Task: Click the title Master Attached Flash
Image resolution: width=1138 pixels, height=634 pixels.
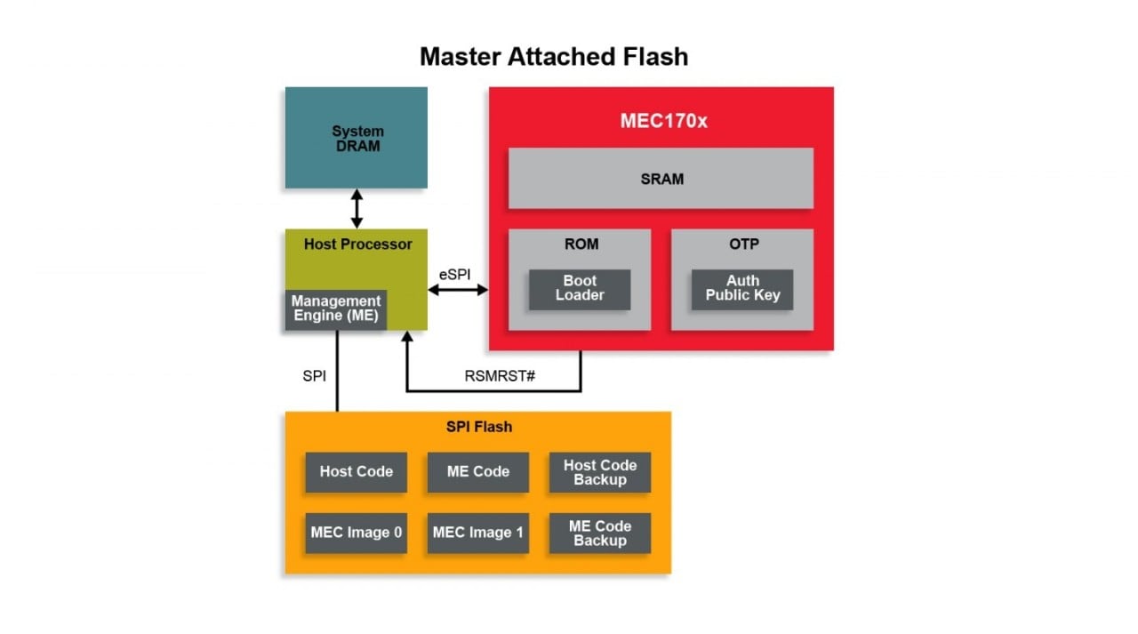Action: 553,56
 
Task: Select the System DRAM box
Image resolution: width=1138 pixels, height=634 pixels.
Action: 356,138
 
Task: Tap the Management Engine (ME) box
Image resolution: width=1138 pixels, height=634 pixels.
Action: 335,309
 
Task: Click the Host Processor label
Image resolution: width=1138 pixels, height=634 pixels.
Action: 357,244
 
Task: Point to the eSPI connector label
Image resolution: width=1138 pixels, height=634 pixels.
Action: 454,274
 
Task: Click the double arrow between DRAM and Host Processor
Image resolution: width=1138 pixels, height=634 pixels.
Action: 357,208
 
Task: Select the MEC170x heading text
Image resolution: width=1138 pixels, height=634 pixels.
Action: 663,121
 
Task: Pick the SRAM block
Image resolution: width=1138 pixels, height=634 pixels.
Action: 661,179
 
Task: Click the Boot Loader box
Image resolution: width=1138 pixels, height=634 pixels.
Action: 579,288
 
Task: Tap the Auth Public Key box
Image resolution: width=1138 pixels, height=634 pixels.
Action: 741,288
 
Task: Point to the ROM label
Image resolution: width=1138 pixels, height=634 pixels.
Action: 581,244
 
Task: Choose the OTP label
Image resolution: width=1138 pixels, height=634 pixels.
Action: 742,244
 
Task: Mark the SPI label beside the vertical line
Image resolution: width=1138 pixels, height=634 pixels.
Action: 315,375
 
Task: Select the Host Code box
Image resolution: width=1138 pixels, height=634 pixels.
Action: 356,472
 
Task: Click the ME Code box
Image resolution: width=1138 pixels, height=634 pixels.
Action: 477,472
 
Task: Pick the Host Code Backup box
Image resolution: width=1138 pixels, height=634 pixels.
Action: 599,472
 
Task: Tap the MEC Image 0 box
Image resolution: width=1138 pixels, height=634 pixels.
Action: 356,533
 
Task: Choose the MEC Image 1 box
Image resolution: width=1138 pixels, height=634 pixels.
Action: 477,533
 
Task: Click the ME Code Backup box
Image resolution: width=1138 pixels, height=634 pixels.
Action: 599,533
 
